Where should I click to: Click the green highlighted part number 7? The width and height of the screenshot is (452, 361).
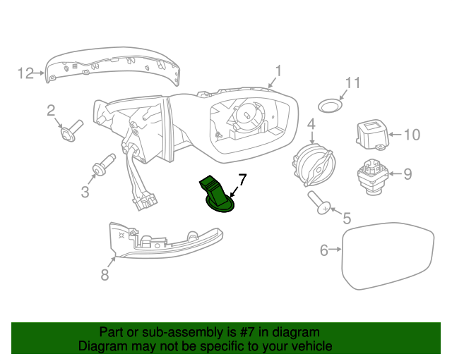pos(217,194)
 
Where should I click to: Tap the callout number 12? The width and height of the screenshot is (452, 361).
pos(26,73)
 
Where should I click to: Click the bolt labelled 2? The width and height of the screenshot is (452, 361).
pos(72,131)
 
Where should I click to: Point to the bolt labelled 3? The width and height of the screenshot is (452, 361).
pos(104,164)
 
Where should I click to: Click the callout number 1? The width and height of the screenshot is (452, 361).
pos(278,71)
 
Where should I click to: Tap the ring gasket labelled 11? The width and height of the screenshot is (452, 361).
pos(330,105)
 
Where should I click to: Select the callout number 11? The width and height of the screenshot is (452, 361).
pos(352,83)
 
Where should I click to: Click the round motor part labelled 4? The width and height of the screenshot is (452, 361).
pos(314,165)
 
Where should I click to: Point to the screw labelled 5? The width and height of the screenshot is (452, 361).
pos(319,203)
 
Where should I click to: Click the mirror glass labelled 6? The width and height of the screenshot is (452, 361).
pos(388,256)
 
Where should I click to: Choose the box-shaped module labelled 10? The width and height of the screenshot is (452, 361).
pos(372,135)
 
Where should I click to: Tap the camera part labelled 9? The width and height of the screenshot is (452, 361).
pos(373,177)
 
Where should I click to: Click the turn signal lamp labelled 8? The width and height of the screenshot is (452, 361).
pos(166,240)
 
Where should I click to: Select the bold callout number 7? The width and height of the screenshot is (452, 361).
pos(243,180)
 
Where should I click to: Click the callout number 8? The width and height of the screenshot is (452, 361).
pos(105,275)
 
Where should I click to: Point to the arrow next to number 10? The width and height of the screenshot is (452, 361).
pos(395,135)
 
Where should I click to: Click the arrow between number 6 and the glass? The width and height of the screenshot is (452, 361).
pos(335,250)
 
